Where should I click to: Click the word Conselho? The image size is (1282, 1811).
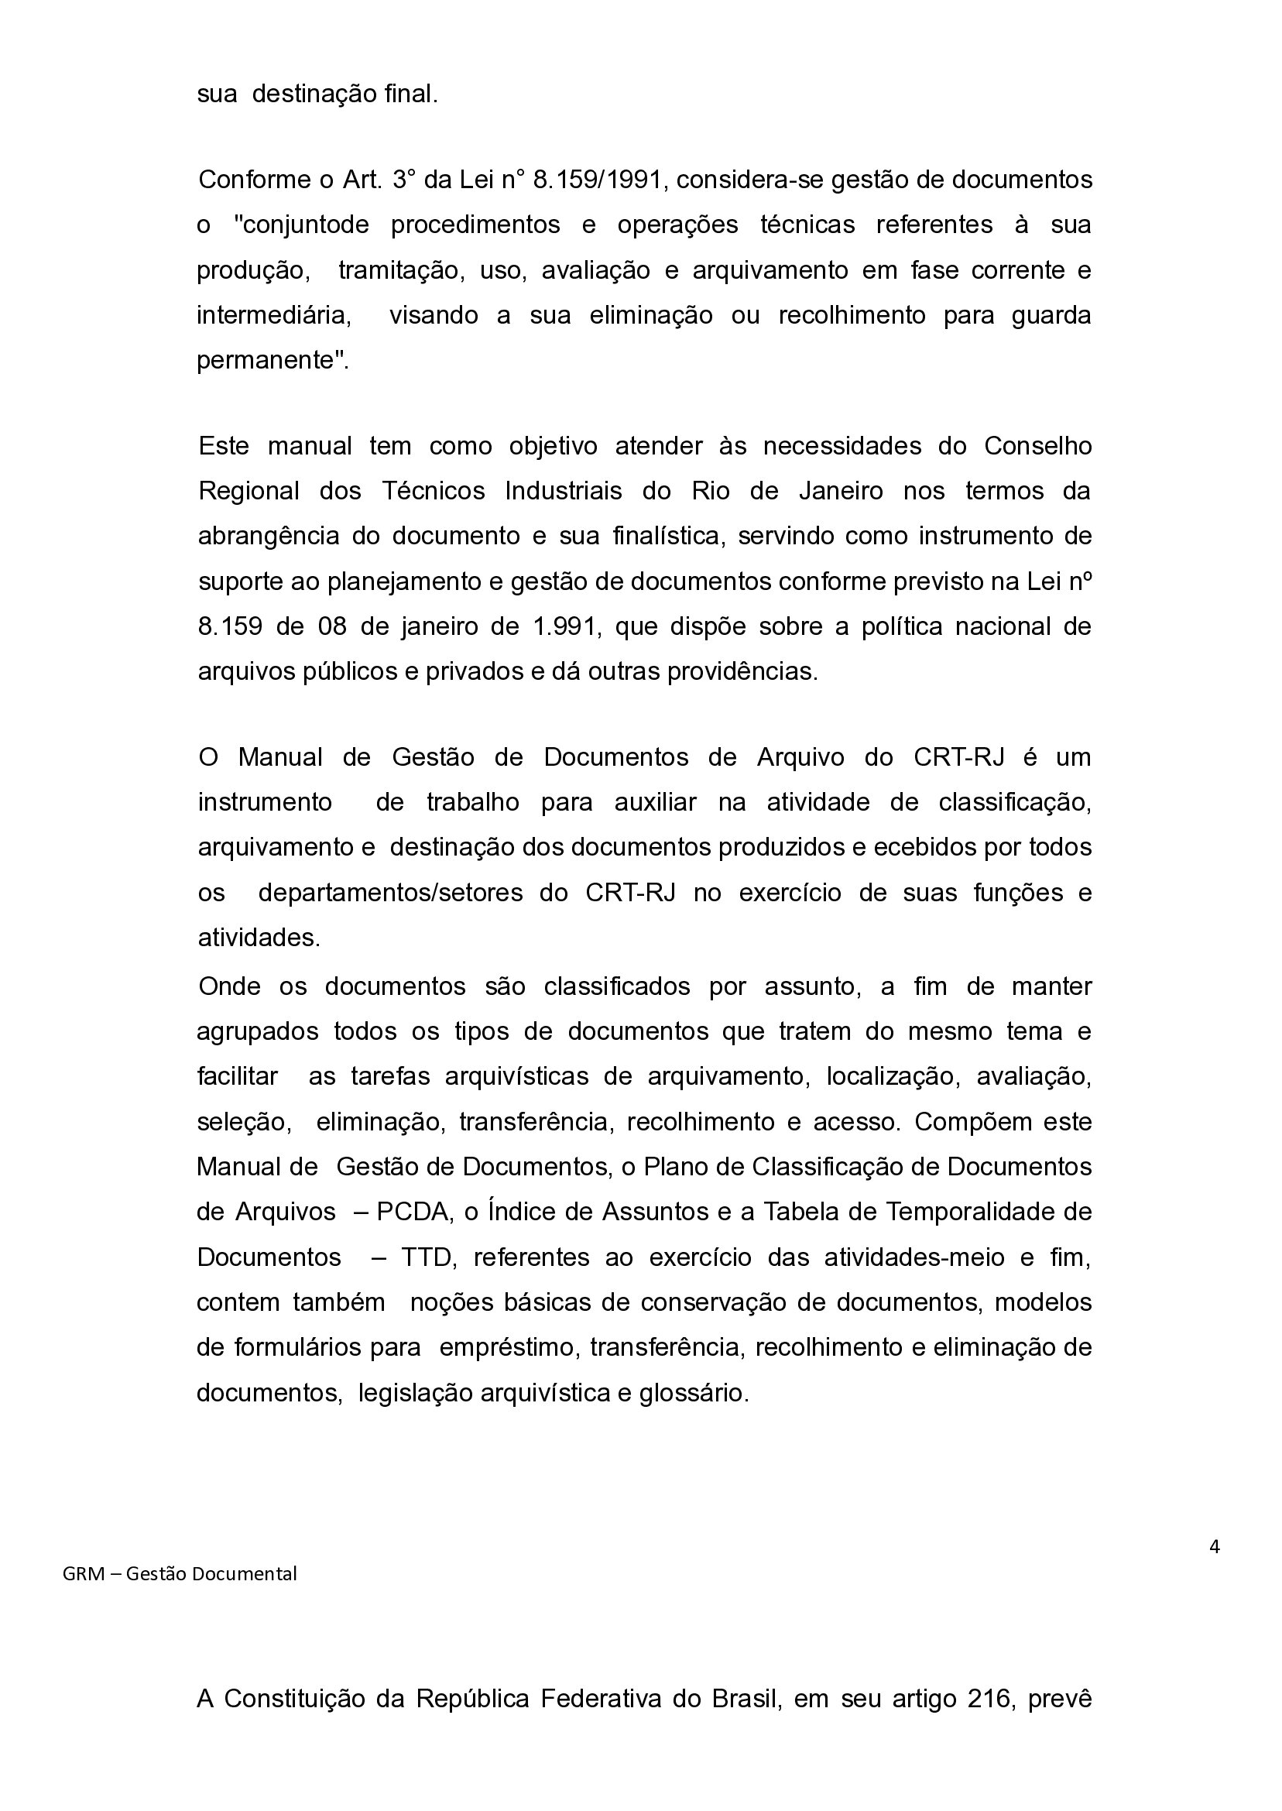(1037, 446)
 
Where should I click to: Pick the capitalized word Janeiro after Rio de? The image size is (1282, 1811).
(841, 491)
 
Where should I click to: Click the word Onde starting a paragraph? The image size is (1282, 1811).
(229, 987)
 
